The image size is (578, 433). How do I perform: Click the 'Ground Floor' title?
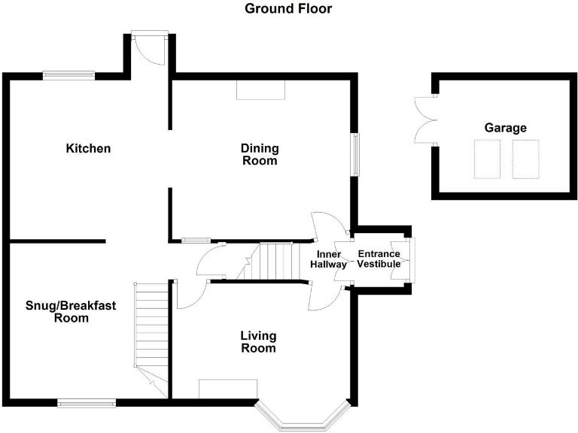(x=288, y=9)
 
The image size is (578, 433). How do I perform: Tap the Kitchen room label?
(x=88, y=148)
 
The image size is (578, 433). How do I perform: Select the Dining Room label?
(x=259, y=154)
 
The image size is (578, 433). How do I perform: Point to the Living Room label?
(x=258, y=341)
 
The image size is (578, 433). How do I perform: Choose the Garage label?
(x=505, y=128)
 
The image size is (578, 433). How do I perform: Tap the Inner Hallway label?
(x=331, y=259)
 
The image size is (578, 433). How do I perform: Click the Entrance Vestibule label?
(x=379, y=259)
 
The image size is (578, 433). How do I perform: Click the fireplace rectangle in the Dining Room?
(x=261, y=90)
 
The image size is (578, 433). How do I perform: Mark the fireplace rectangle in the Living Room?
(x=228, y=389)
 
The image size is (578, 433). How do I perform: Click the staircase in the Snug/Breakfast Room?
(x=152, y=331)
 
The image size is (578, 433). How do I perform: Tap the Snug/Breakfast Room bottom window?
(x=87, y=403)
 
